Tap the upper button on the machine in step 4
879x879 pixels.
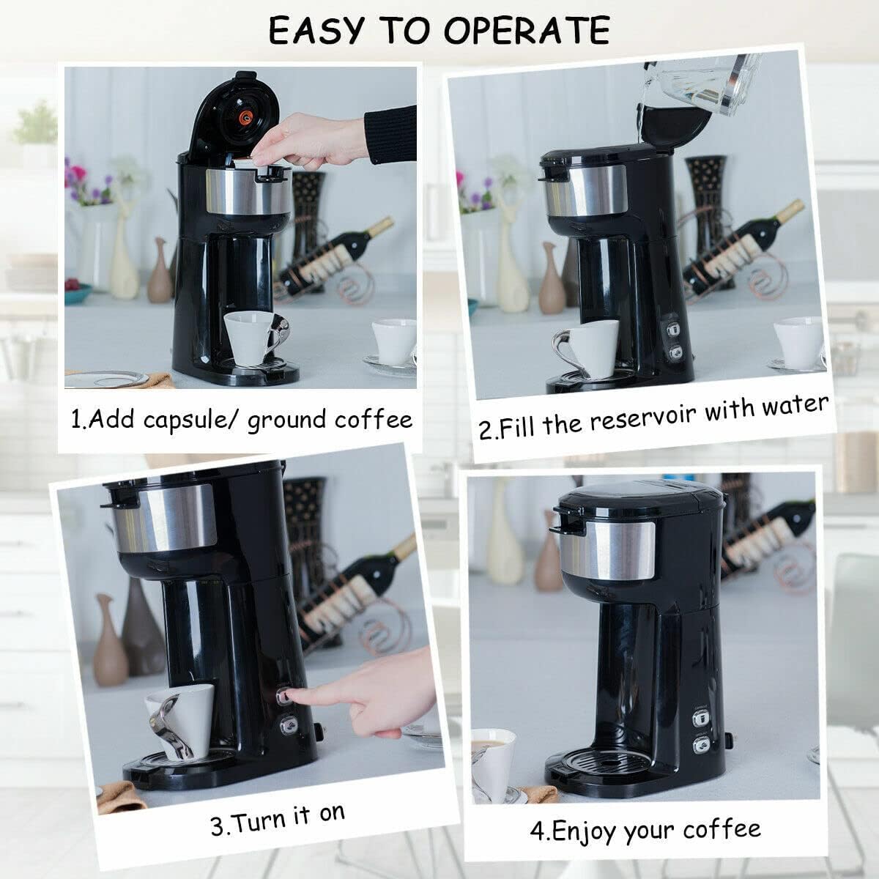[x=700, y=719]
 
